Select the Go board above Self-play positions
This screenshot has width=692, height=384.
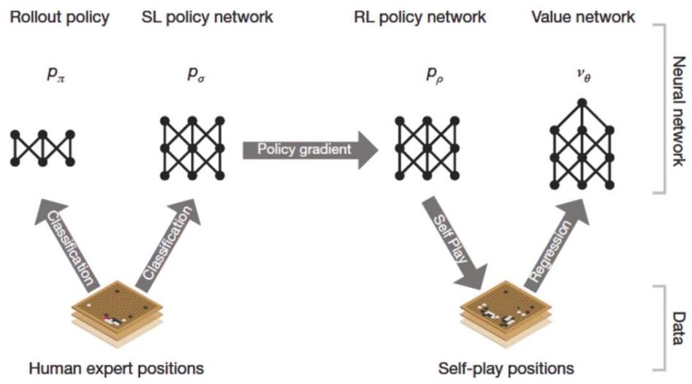tap(504, 314)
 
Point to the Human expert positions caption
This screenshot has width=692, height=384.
tap(116, 366)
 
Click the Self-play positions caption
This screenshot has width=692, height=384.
tap(506, 366)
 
